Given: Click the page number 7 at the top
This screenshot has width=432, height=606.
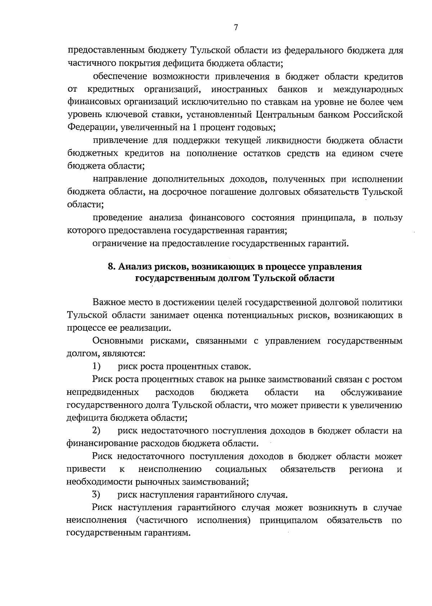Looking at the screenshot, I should [x=236, y=27].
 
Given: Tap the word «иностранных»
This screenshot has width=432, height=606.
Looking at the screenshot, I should [x=239, y=89].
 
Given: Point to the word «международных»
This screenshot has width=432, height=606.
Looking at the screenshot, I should [x=368, y=89].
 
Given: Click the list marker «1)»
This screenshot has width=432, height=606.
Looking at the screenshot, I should [x=96, y=366].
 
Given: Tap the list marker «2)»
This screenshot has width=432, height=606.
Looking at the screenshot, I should [x=96, y=430].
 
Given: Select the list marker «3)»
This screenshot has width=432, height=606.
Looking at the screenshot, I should [x=96, y=495].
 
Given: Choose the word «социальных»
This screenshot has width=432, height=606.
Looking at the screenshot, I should [x=241, y=469].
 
